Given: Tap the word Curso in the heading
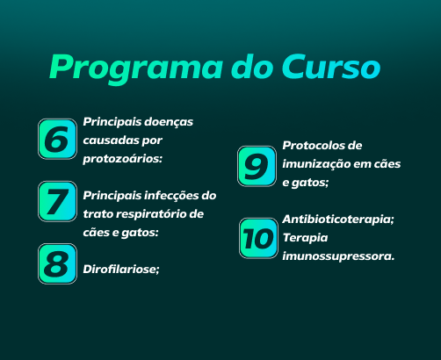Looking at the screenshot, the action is (x=331, y=67).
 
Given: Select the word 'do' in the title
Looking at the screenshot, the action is (x=252, y=67).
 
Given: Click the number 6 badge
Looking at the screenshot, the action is (x=57, y=139).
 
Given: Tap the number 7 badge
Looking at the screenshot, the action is (x=57, y=201).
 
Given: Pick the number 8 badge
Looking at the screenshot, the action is (x=57, y=263).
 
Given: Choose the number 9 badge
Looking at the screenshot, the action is (x=257, y=166).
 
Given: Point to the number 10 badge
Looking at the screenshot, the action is (x=258, y=238).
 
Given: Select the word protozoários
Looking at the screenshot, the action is (x=122, y=159).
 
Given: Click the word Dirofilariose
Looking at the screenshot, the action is (x=121, y=270).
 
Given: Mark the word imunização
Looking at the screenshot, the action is (x=316, y=164).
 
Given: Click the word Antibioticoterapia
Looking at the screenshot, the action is (x=338, y=220).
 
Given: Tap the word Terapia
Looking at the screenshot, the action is (x=305, y=238).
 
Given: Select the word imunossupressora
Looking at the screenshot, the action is (x=338, y=256).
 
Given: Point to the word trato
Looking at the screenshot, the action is (x=98, y=214).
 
